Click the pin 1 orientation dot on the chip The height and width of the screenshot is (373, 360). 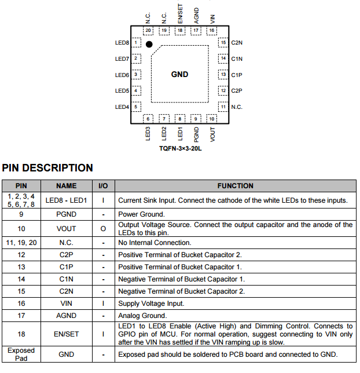point(149,44)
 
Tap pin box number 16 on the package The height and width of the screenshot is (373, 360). point(212,31)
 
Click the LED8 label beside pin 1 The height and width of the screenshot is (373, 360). point(122,43)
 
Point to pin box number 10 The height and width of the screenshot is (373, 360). point(212,119)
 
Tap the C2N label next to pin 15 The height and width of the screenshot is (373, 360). point(237,43)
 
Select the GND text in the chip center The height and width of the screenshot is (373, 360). point(179,74)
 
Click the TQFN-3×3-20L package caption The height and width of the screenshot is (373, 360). point(180,149)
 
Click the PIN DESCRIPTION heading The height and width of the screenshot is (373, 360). point(47,168)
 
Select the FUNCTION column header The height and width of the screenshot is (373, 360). point(235,186)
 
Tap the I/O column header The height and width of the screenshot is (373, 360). point(103,186)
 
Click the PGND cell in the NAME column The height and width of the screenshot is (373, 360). point(67,214)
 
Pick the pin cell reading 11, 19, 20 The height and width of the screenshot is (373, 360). point(21,243)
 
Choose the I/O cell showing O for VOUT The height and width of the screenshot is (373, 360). point(103,228)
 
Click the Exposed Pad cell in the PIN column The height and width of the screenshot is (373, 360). point(21,354)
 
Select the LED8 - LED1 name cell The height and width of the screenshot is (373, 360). point(67,200)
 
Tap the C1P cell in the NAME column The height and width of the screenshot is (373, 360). point(67,267)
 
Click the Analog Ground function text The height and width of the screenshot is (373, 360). point(142,316)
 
